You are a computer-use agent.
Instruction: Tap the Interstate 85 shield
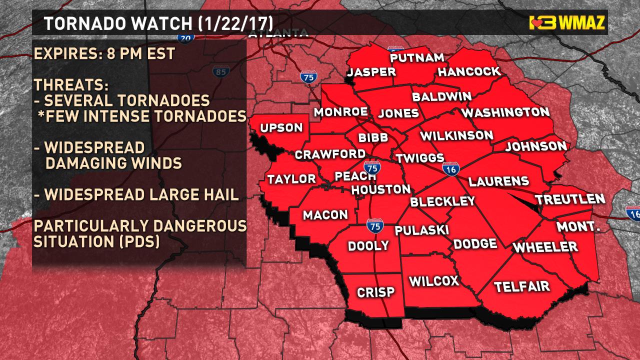tap(219, 72)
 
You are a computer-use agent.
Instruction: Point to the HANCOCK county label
tap(468, 71)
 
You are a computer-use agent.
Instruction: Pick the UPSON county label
tap(282, 128)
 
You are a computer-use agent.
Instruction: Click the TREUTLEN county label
tap(570, 199)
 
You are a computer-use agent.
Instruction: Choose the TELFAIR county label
tap(522, 286)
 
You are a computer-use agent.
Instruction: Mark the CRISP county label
tap(375, 292)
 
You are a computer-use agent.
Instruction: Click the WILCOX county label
tap(434, 281)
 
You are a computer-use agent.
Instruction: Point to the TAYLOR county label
tap(291, 179)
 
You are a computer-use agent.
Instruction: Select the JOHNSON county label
tap(536, 146)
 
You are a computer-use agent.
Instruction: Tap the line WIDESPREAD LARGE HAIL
tap(136, 194)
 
